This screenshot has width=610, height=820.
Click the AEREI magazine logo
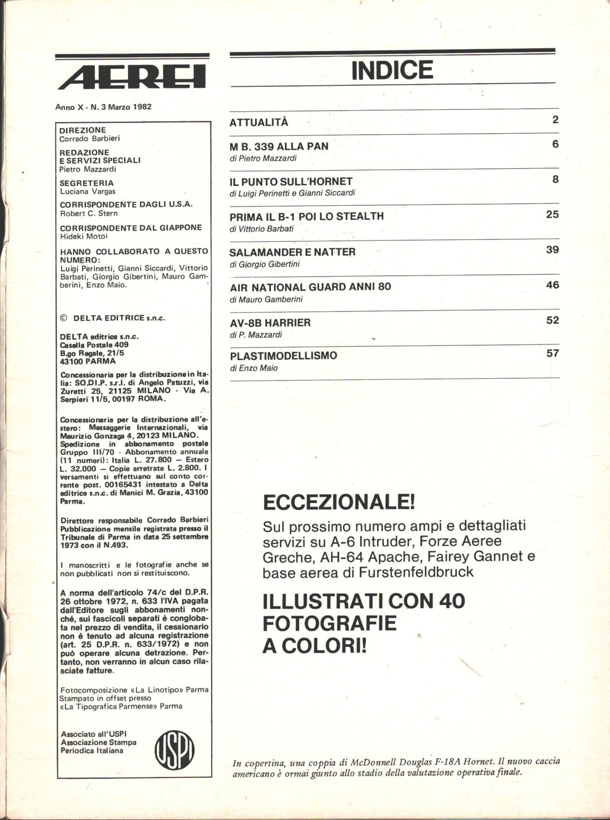click(x=132, y=76)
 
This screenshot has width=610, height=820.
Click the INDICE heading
click(x=392, y=71)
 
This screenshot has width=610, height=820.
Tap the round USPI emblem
click(x=175, y=749)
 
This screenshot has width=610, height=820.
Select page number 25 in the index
click(x=552, y=214)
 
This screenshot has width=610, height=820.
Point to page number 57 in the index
click(x=552, y=353)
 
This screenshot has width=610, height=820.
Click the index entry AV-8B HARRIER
click(x=270, y=323)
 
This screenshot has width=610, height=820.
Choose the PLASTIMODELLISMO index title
click(x=283, y=356)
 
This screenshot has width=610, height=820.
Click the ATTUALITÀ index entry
click(x=259, y=122)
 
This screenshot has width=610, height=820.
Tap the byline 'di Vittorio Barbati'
click(x=261, y=229)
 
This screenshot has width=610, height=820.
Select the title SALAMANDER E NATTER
click(x=292, y=252)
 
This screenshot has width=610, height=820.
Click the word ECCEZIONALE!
click(x=339, y=501)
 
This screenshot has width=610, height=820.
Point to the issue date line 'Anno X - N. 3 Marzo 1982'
click(x=103, y=107)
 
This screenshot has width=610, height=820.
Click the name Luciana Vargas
click(x=87, y=191)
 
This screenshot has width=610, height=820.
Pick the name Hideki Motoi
click(x=84, y=236)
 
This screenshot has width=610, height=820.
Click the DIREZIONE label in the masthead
click(x=83, y=130)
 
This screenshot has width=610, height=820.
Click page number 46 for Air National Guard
click(x=552, y=285)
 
